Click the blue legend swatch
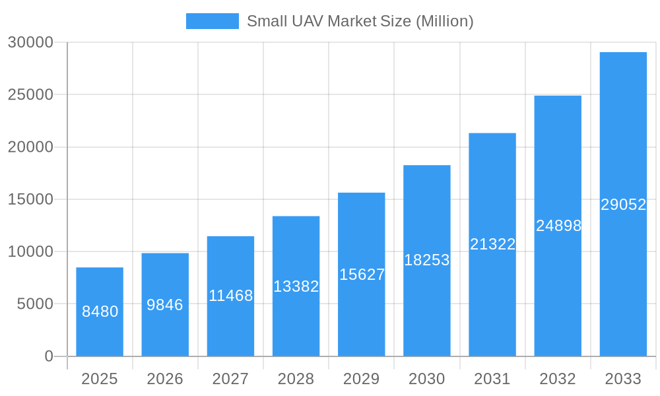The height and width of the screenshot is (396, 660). (x=212, y=21)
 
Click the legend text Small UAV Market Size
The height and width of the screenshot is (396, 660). (x=360, y=21)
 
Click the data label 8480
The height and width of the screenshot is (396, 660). (x=100, y=312)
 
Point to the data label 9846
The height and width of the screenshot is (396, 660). (x=165, y=305)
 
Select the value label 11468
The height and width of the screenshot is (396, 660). (x=230, y=296)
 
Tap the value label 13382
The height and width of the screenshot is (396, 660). (x=296, y=286)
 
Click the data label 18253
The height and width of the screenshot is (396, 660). (x=427, y=260)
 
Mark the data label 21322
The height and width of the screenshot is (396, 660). (x=492, y=244)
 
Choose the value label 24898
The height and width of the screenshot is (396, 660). (x=558, y=226)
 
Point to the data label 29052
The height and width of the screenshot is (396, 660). (x=623, y=205)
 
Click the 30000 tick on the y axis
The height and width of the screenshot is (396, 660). (x=30, y=42)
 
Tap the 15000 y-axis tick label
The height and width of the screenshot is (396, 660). (x=30, y=199)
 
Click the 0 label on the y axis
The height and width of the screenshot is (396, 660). (x=49, y=356)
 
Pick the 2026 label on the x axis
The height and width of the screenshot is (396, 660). (x=165, y=379)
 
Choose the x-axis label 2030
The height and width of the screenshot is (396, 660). (x=427, y=379)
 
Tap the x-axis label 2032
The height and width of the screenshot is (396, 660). (x=558, y=379)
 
